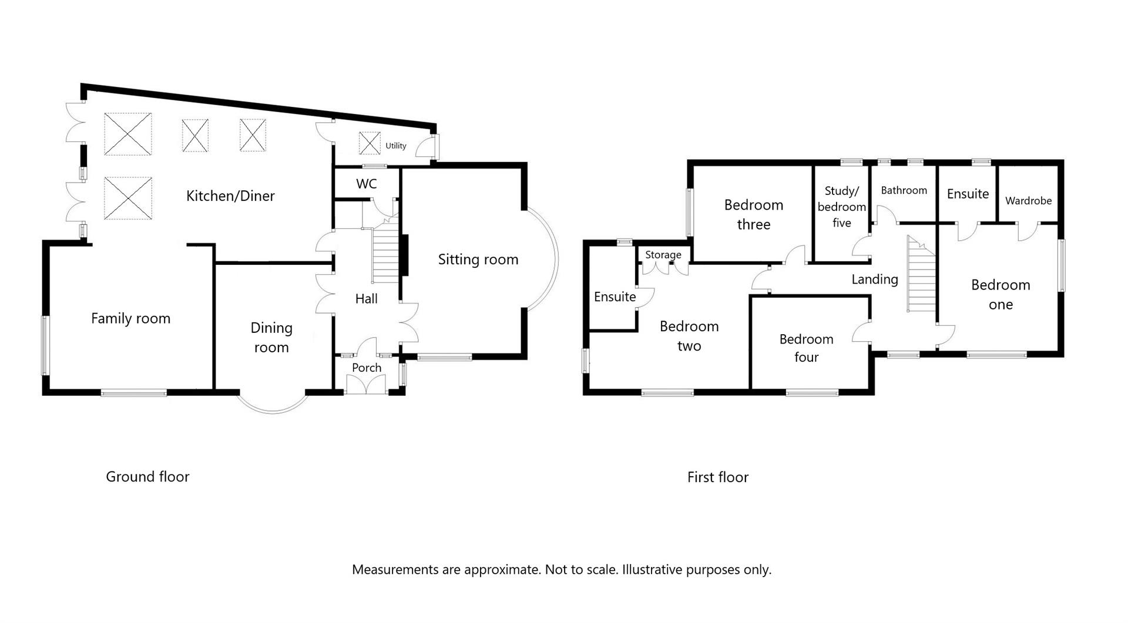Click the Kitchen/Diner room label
coord(230,196)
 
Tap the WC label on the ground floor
coord(366,184)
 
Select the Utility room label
coord(395,146)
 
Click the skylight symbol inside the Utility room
coord(370,143)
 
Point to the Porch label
coord(367,368)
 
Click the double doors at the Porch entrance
coord(367,385)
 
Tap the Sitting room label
coord(478,260)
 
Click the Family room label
coord(130,319)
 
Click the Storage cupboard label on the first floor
coord(663,255)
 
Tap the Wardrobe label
coord(1028,201)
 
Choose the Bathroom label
coord(904,190)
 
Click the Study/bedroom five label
coord(841,207)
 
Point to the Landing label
coord(874,279)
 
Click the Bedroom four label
coord(806,348)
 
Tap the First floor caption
coord(717,477)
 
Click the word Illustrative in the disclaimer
coord(652,570)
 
